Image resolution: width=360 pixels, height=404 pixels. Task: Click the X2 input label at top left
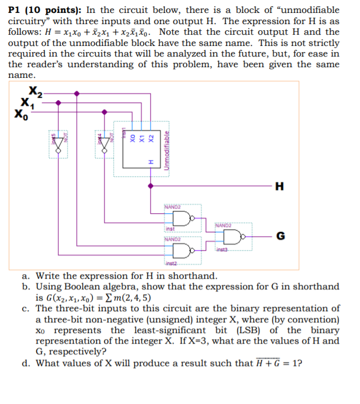[35, 93]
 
